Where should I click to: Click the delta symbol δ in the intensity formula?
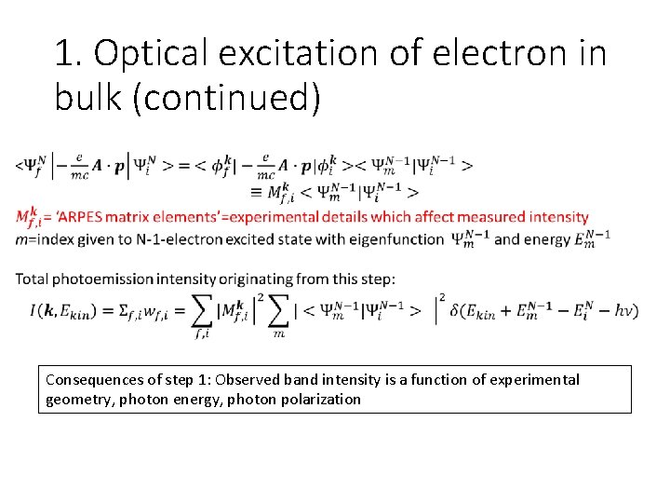point(458,310)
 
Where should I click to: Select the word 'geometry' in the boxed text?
point(75,400)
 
